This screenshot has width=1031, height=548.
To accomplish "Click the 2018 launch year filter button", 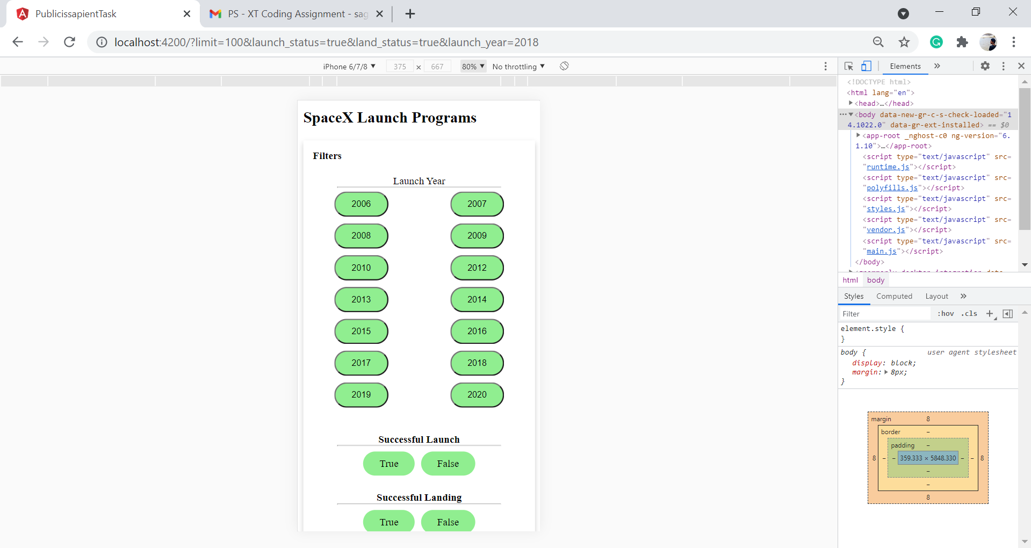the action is click(477, 363).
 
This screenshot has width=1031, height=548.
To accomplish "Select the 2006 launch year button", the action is click(361, 204).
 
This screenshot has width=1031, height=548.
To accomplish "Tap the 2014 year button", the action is click(477, 300).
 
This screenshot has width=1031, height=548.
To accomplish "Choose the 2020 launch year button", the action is click(477, 395).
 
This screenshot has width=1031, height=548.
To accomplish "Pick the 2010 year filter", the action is click(361, 268).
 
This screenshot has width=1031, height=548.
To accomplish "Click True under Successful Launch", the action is click(389, 464).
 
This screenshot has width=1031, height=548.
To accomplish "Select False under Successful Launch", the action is click(448, 464).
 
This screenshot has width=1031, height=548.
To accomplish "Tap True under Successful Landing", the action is click(389, 522).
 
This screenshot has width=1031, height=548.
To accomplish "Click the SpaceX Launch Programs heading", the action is click(390, 118).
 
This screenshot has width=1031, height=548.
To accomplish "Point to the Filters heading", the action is click(327, 156).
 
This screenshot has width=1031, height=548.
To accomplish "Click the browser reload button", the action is click(70, 42).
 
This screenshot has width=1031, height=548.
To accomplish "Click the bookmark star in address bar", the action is click(904, 42).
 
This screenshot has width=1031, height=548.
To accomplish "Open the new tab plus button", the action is click(410, 14).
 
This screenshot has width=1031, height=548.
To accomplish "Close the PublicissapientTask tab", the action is click(187, 14).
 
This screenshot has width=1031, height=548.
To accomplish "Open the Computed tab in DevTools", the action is click(894, 296).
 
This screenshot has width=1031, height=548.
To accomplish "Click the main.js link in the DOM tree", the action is click(881, 251).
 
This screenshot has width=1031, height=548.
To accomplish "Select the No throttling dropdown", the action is click(518, 67).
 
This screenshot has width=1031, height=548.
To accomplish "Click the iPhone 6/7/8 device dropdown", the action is click(349, 67).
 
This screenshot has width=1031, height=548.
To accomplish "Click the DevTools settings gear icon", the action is click(985, 66).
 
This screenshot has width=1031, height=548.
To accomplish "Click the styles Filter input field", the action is click(884, 314).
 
